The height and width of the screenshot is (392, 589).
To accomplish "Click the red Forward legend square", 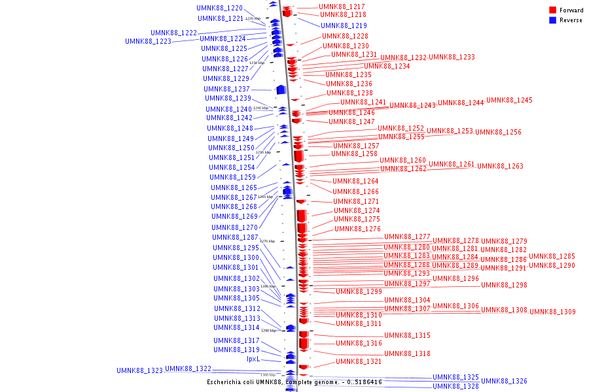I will [x=552, y=10].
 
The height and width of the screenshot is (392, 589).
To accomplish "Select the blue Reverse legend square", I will [x=552, y=20].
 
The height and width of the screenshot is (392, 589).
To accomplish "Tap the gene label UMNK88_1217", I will [x=342, y=7].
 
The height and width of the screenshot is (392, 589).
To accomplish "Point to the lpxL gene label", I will [x=253, y=359].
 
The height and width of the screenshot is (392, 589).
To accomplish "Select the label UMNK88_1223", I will [x=148, y=41].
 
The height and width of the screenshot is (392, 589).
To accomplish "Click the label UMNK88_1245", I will [x=509, y=100].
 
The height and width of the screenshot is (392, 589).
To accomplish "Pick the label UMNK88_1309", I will [x=552, y=312].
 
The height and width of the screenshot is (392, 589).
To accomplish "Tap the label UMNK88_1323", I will [x=139, y=370].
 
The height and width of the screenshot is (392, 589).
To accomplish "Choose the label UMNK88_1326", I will [x=504, y=381].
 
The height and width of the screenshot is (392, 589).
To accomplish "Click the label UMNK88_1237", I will [x=226, y=89].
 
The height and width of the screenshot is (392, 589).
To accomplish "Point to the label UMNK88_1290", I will [x=552, y=265].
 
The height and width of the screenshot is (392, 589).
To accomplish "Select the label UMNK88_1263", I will [x=500, y=166].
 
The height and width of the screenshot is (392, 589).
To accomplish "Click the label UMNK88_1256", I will [x=498, y=132].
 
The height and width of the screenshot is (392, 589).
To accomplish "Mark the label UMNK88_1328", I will [x=455, y=386].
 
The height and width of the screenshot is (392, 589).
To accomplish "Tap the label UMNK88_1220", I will [x=219, y=8].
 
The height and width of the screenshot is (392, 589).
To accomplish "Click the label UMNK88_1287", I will [x=235, y=237].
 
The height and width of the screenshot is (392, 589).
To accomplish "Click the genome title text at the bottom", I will [x=294, y=382].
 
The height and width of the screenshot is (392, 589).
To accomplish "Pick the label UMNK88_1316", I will [x=359, y=343].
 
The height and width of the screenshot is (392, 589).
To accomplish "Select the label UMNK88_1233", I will [x=452, y=57].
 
